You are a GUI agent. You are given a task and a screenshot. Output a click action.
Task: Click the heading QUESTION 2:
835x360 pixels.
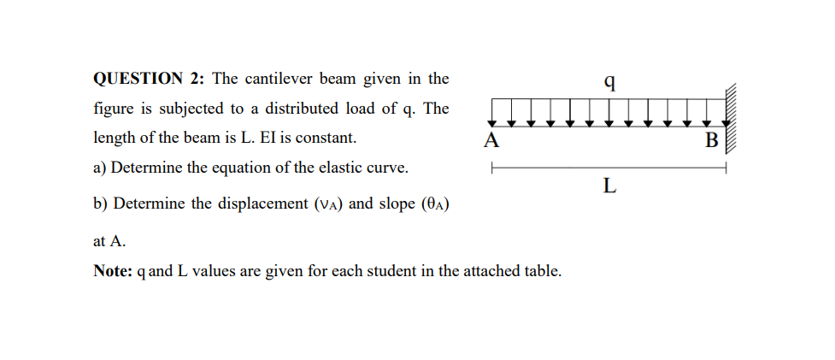point(148,80)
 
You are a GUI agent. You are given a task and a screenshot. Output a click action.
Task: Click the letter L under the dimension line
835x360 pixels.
point(609,185)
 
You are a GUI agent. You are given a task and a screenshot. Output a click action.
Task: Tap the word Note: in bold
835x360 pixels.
point(112,271)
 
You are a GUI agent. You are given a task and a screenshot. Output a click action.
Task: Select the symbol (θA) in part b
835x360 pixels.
point(436,205)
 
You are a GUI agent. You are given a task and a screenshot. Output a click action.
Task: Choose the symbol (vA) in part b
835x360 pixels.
point(327,205)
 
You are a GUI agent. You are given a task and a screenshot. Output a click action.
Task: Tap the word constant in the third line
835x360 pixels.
point(327,138)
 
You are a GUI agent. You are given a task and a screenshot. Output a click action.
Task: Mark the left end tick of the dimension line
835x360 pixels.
point(491,168)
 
